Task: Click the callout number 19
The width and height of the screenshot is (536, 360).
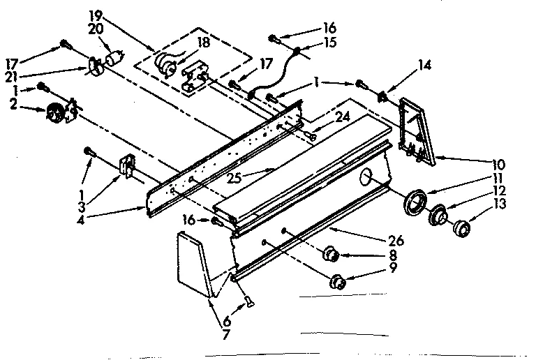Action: [96, 15]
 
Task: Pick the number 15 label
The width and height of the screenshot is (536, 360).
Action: [329, 42]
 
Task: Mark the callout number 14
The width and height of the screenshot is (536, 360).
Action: [424, 66]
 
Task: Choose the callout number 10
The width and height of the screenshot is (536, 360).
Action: [498, 165]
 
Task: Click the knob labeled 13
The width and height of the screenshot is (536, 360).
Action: [461, 228]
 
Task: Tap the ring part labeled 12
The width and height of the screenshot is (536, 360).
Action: [438, 216]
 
